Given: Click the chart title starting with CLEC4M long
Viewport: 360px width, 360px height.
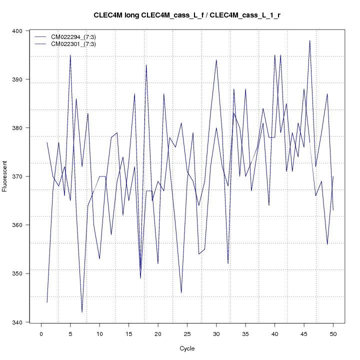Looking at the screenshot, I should pyautogui.click(x=187, y=15).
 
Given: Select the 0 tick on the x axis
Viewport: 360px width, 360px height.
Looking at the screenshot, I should pyautogui.click(x=41, y=333).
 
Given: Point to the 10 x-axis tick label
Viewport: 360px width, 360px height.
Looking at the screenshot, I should pyautogui.click(x=99, y=333).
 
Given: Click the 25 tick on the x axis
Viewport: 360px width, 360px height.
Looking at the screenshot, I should pyautogui.click(x=187, y=333).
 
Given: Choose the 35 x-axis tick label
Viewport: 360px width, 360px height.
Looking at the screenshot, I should pyautogui.click(x=245, y=333).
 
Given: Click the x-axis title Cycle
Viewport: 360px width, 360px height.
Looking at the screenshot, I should pyautogui.click(x=187, y=348).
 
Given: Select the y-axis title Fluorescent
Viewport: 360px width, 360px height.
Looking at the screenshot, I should pyautogui.click(x=5, y=176).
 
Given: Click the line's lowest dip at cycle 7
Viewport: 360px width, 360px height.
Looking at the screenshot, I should pyautogui.click(x=82, y=312).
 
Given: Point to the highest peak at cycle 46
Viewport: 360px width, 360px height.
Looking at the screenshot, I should pyautogui.click(x=310, y=40).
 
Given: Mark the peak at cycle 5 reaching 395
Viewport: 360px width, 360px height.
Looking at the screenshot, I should pyautogui.click(x=70, y=55).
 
